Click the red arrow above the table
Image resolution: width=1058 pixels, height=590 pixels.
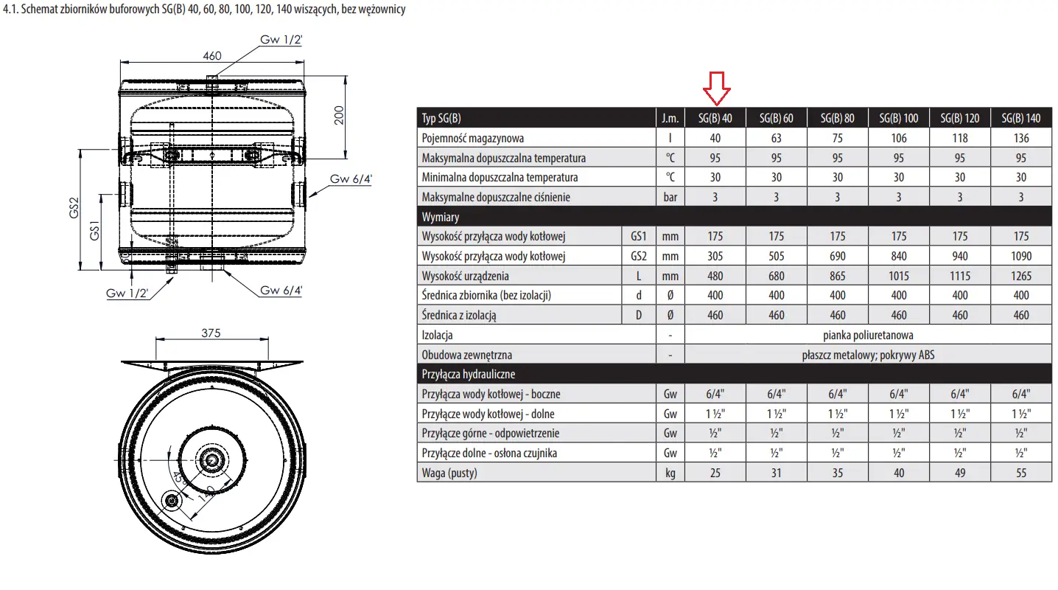click(x=717, y=88)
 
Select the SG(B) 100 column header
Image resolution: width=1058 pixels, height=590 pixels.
click(x=898, y=118)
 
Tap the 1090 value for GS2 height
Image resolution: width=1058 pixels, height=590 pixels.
click(x=1020, y=256)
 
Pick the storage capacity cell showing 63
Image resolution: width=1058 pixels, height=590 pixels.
click(x=776, y=138)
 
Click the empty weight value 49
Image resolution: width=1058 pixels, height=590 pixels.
click(x=960, y=473)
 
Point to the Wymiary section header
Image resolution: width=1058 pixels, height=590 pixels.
click(x=440, y=217)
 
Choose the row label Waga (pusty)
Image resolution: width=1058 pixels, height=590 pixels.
click(x=449, y=473)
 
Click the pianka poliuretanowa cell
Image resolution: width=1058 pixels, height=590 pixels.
click(x=868, y=335)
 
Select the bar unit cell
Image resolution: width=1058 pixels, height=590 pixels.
click(x=670, y=197)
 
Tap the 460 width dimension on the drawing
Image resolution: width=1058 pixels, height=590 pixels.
click(x=212, y=56)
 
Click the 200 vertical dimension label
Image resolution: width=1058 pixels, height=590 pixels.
click(x=339, y=115)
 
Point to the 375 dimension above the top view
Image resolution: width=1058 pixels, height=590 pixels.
click(x=211, y=333)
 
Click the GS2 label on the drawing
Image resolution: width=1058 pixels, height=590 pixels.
click(x=74, y=208)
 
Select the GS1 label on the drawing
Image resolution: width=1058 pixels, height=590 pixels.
click(x=94, y=231)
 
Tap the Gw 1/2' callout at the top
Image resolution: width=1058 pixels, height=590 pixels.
click(x=281, y=40)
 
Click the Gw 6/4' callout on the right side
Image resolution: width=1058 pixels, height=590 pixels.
click(x=351, y=179)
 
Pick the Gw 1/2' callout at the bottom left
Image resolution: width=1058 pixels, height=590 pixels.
click(x=127, y=293)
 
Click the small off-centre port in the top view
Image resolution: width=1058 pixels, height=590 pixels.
click(x=171, y=501)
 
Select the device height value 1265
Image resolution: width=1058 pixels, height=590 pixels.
click(x=1020, y=276)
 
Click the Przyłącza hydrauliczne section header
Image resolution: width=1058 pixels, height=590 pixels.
click(x=468, y=375)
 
